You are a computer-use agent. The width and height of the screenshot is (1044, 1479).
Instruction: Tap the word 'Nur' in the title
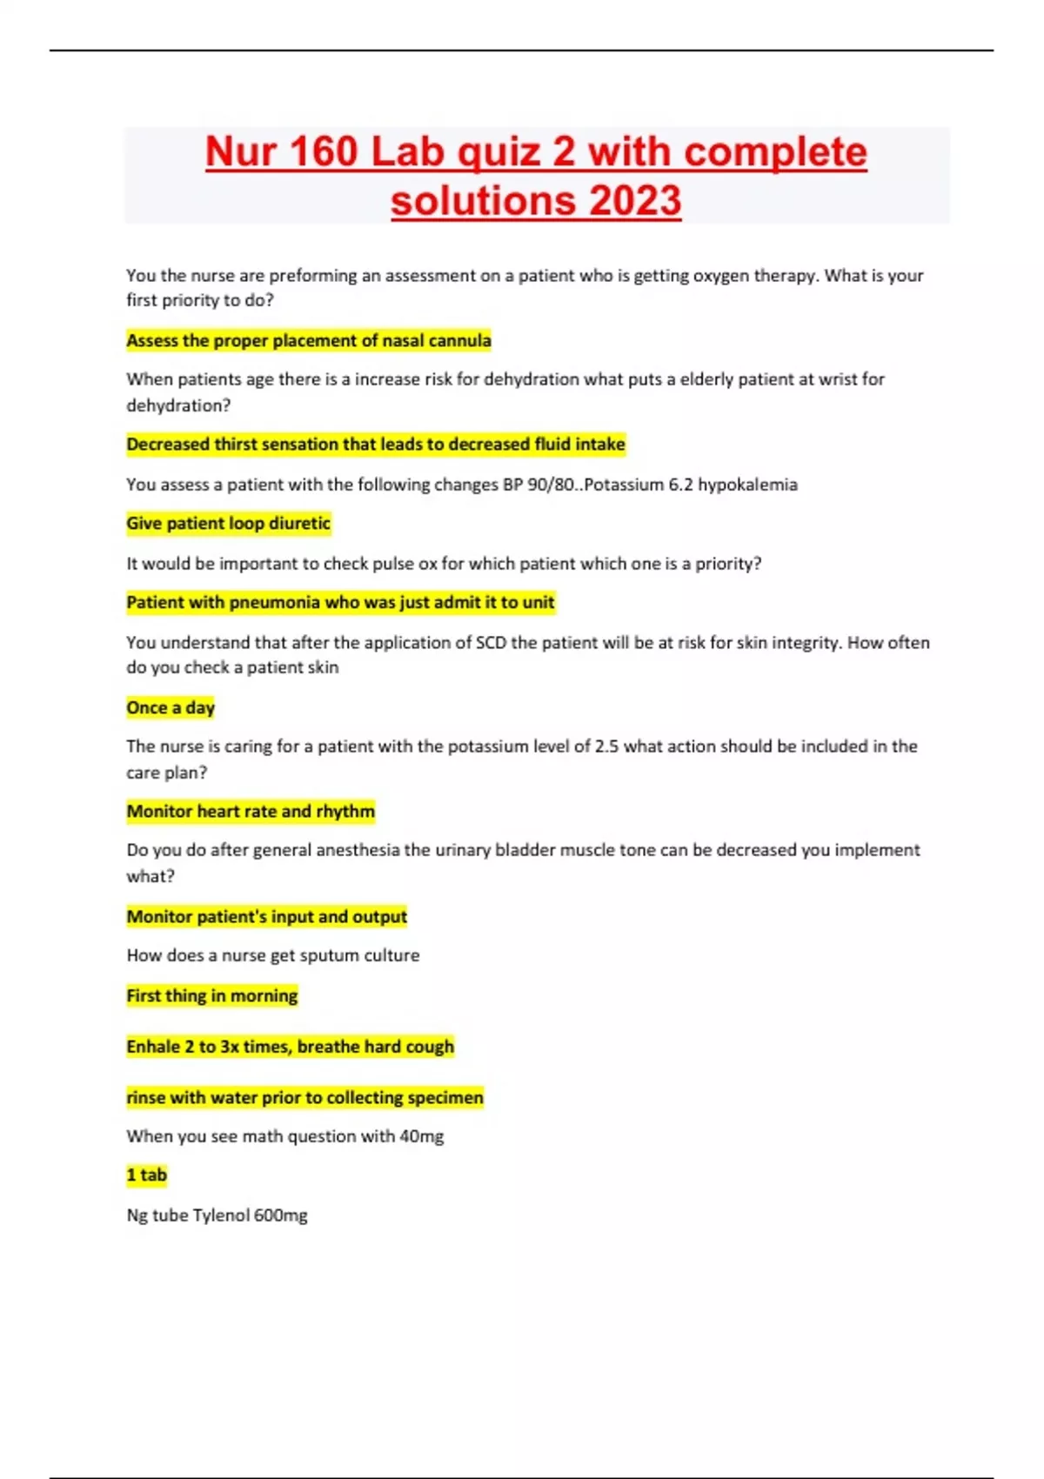243,152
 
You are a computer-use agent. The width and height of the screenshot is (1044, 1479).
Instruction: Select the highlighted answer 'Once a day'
171,707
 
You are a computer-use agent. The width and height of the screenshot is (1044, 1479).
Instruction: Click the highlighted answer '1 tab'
146,1175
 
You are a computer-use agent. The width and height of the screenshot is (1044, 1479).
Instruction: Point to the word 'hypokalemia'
747,485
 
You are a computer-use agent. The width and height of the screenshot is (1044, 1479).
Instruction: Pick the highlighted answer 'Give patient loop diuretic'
228,524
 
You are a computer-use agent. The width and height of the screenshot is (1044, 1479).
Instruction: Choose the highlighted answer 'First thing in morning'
212,995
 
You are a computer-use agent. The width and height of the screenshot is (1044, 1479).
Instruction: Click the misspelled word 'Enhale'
153,1047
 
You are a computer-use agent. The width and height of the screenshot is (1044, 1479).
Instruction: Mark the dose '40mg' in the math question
421,1136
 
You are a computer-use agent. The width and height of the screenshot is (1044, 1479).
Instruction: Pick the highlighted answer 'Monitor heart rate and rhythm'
251,812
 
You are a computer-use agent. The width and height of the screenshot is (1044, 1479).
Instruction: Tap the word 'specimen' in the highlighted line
445,1098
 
